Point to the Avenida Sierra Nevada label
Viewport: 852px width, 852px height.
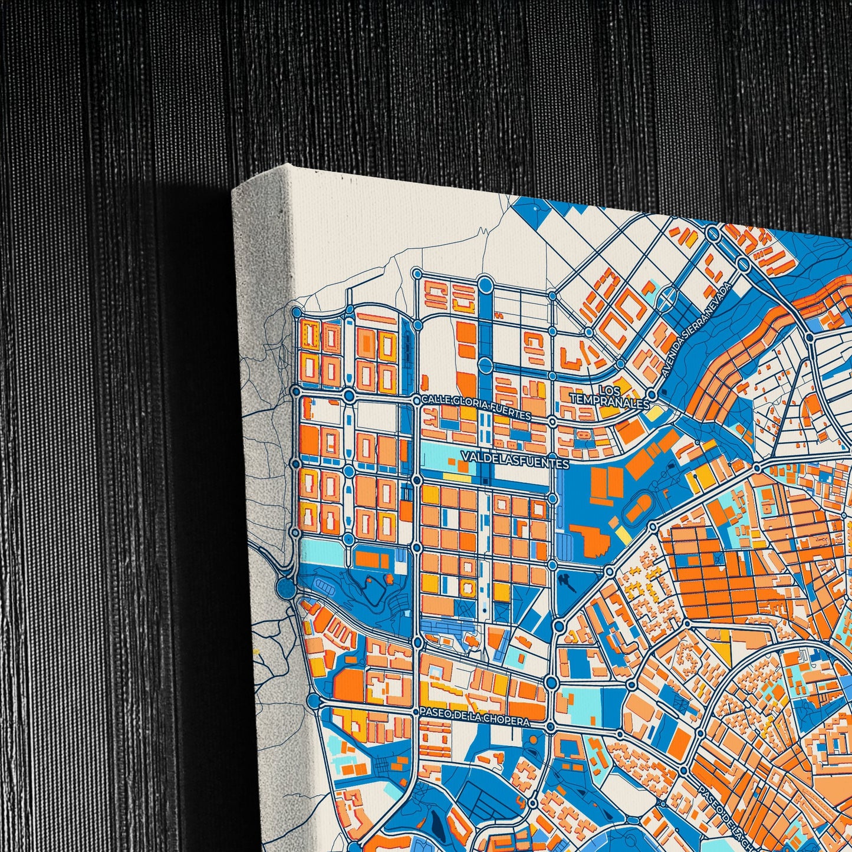click(x=696, y=329)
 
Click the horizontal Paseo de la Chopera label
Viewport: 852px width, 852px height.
click(x=475, y=716)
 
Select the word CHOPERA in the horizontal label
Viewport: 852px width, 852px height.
click(x=508, y=719)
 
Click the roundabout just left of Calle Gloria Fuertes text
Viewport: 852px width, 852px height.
click(x=417, y=401)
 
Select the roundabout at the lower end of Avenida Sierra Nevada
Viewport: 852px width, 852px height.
click(x=652, y=394)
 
